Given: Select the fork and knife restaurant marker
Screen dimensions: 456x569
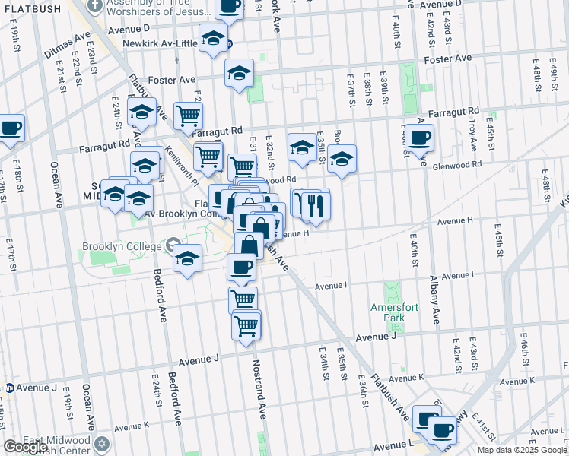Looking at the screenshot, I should (x=315, y=205).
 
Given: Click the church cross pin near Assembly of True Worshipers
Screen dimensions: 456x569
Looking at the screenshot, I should (x=95, y=5).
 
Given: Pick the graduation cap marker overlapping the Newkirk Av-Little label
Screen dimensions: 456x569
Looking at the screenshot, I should (x=214, y=38).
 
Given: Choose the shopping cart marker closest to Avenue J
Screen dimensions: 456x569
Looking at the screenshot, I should (x=246, y=326).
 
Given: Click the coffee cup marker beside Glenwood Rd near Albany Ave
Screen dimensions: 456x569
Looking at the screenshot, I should (x=419, y=139).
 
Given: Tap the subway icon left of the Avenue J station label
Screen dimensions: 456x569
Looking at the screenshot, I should (x=9, y=388).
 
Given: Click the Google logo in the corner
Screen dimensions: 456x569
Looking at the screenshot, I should (x=25, y=447).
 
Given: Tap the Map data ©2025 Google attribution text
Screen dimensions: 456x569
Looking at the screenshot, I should (x=522, y=450).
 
